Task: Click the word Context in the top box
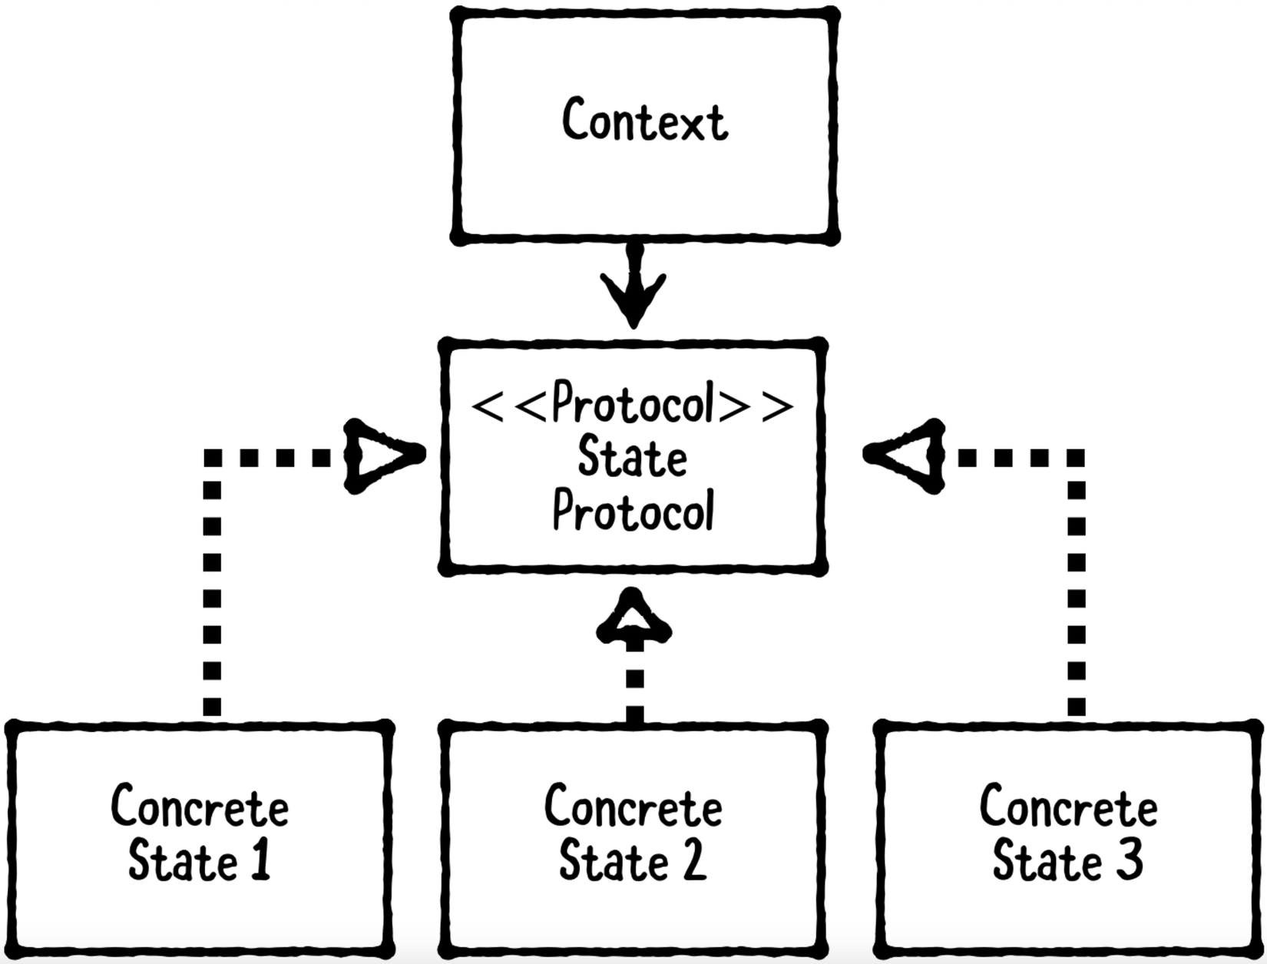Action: tap(644, 121)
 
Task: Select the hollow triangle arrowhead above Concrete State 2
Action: tap(633, 621)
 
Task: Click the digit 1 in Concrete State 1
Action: tap(261, 860)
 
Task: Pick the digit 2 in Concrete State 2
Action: tap(693, 860)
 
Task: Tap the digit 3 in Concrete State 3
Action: tap(1129, 860)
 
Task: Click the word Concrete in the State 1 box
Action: tap(200, 807)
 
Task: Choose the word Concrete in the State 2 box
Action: tap(633, 807)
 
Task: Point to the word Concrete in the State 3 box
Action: tap(1068, 807)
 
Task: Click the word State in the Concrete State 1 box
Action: tap(183, 861)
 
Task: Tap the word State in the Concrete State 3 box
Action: tap(1049, 861)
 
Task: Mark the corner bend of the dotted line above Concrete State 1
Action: tap(213, 459)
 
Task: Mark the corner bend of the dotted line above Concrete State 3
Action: tap(1077, 459)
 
